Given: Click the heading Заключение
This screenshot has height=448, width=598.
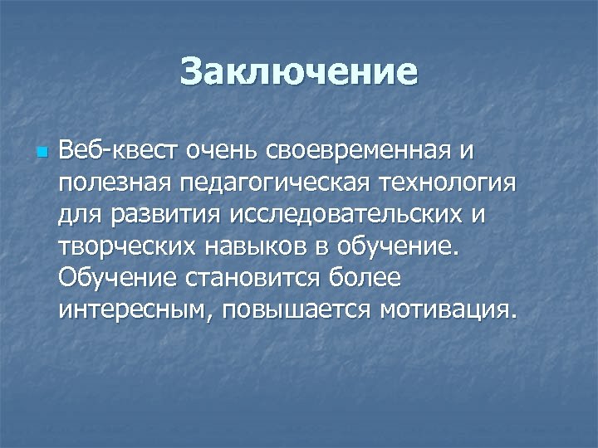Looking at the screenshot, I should (x=298, y=71).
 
